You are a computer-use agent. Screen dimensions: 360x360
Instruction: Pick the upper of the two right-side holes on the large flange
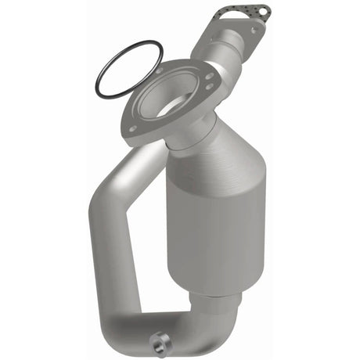[x=209, y=77]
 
